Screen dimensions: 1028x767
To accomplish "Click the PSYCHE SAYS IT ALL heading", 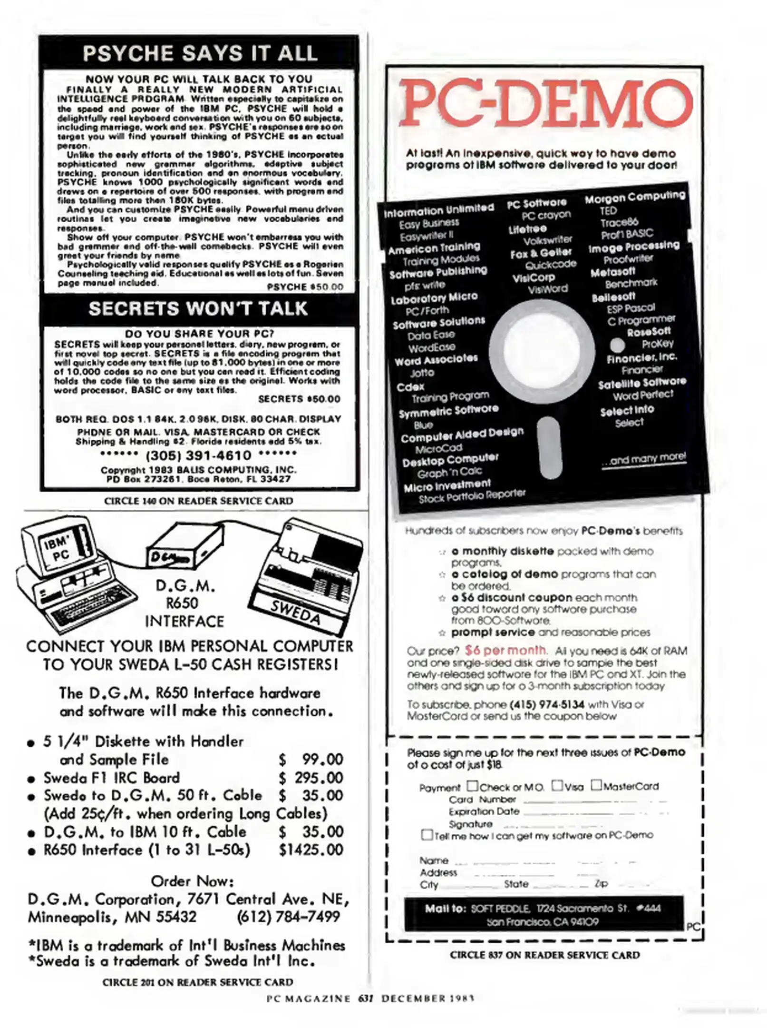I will (x=200, y=53).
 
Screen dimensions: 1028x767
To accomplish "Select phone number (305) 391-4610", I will (x=198, y=455).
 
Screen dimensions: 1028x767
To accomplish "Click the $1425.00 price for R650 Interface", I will (x=311, y=850).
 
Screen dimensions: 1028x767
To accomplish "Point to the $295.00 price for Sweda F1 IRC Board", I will (x=311, y=778).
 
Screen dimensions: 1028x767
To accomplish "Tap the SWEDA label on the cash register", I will (x=295, y=613).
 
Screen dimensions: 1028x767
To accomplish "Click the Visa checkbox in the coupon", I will (x=557, y=785).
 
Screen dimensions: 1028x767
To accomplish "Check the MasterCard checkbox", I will (x=596, y=785).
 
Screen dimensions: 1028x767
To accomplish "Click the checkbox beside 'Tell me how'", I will (x=427, y=835).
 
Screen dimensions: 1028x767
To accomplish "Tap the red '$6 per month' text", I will (x=505, y=650).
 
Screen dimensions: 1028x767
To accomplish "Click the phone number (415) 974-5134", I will (x=546, y=704).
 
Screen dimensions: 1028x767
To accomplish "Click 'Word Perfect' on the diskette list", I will (x=643, y=395).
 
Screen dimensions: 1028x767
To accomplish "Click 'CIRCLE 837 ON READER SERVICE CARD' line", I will (x=544, y=955).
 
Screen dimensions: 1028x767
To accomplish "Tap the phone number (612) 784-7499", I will (x=288, y=917).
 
